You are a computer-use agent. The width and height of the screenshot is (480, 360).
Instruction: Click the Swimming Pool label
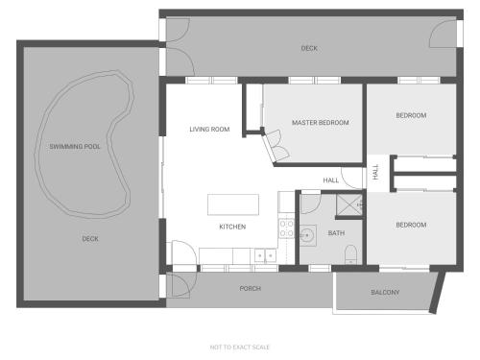75,147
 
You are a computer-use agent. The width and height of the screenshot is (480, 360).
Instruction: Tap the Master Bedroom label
321,123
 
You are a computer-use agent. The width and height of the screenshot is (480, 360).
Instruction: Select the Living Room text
209,130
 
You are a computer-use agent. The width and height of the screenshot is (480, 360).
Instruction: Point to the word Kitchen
232,227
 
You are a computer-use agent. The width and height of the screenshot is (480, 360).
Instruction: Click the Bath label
336,233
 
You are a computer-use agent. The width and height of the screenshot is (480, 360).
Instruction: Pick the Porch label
251,288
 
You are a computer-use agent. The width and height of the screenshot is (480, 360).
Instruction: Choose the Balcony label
385,292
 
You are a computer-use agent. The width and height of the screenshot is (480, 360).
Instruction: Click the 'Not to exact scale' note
240,347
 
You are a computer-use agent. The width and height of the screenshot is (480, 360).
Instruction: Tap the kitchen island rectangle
233,204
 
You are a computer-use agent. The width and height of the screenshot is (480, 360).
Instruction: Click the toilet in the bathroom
351,254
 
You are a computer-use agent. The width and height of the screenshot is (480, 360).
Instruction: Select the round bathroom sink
307,235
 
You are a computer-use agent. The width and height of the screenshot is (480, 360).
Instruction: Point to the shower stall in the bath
348,204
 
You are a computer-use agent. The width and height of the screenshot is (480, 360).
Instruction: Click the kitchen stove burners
287,228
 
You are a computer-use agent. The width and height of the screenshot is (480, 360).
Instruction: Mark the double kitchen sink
265,255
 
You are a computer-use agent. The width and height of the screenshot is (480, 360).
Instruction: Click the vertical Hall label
375,172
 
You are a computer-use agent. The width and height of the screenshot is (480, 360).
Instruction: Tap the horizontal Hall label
331,180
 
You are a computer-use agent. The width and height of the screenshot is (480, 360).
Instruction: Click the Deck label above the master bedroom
309,48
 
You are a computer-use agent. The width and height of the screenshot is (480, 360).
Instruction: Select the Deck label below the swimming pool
90,239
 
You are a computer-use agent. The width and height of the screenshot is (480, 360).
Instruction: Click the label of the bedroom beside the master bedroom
411,115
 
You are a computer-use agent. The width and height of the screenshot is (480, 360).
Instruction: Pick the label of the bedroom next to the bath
411,225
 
